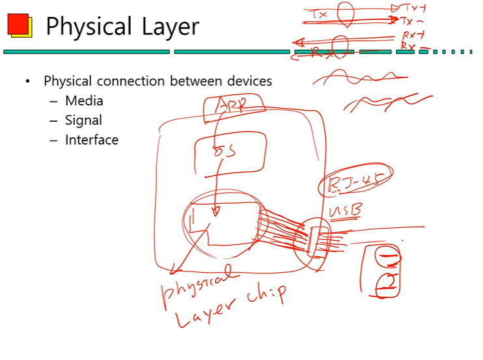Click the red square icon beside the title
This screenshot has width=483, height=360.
(x=18, y=25)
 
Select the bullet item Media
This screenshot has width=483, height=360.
(x=84, y=101)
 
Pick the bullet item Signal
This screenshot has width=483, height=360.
(x=83, y=120)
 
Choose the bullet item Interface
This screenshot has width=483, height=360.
(x=92, y=140)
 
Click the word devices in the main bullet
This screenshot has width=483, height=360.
(x=248, y=81)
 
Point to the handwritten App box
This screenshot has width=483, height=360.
(x=233, y=107)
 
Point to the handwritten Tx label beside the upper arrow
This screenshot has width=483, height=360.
(x=320, y=14)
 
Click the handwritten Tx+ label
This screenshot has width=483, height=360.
(x=413, y=8)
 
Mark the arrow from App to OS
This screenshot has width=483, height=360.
(x=215, y=131)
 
